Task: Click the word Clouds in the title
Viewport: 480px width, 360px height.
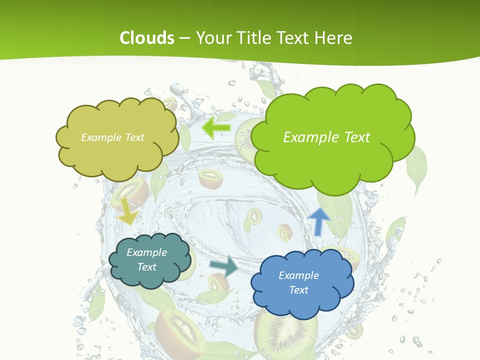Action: [146, 38]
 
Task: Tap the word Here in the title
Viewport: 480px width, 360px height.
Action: [334, 38]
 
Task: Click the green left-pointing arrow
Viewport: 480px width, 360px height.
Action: [215, 128]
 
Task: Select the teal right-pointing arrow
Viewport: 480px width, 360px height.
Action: [224, 266]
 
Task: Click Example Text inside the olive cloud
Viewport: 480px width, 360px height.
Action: [112, 137]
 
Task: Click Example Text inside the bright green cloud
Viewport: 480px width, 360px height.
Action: [326, 137]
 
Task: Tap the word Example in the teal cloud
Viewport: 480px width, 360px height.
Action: [146, 252]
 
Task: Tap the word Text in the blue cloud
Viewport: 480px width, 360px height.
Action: [298, 290]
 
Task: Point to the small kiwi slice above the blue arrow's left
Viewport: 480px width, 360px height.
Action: [285, 232]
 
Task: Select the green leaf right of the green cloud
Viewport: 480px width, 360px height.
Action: [416, 167]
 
